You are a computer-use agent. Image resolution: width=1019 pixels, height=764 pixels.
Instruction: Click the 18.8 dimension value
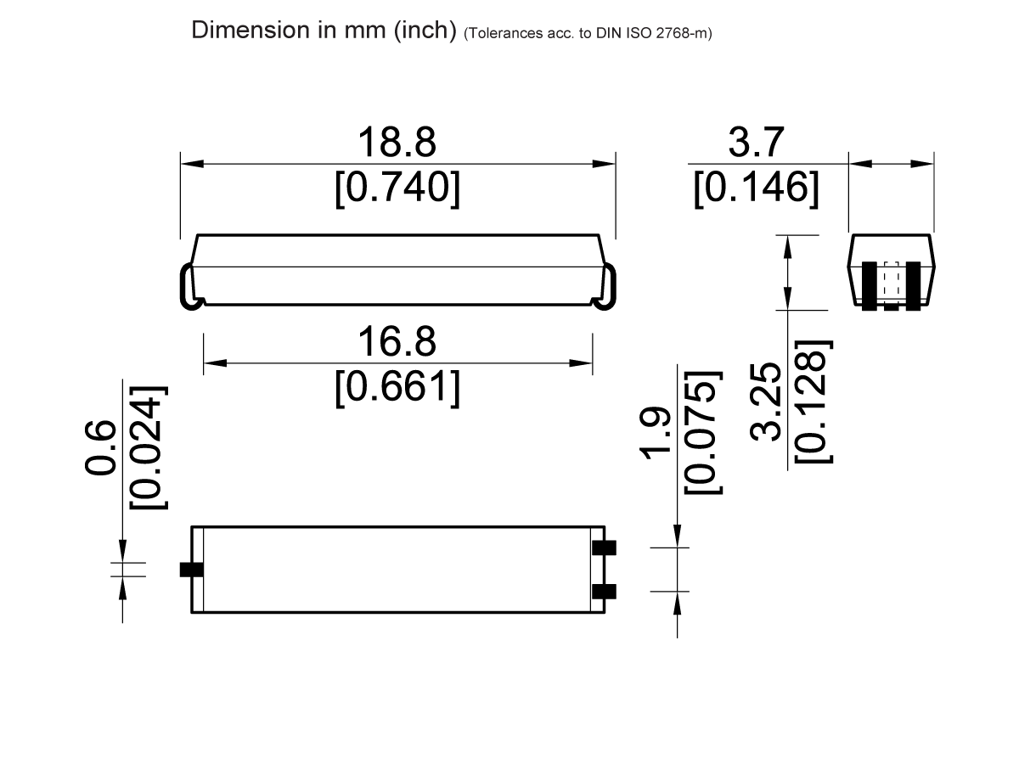tap(397, 143)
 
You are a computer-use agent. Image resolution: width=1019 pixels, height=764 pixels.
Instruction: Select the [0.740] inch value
tap(397, 188)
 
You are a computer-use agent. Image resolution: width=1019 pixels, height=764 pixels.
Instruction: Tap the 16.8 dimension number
tap(397, 343)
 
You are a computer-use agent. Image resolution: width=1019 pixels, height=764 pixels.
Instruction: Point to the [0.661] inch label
tap(397, 389)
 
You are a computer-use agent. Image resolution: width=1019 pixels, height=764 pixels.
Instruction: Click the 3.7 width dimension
tap(756, 143)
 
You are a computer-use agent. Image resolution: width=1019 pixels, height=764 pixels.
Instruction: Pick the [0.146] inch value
tap(756, 188)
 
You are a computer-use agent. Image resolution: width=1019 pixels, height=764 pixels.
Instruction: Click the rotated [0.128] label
tap(813, 402)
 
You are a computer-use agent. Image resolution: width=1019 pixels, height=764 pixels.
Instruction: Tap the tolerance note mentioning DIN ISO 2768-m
tap(588, 35)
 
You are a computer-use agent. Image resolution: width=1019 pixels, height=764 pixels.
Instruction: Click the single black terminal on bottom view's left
tap(192, 570)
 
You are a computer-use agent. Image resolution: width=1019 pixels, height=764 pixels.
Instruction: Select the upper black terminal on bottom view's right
tap(604, 548)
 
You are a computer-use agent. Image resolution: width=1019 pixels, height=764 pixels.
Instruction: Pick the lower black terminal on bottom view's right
tap(604, 591)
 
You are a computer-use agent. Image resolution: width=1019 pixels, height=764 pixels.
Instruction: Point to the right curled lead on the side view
tap(606, 288)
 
